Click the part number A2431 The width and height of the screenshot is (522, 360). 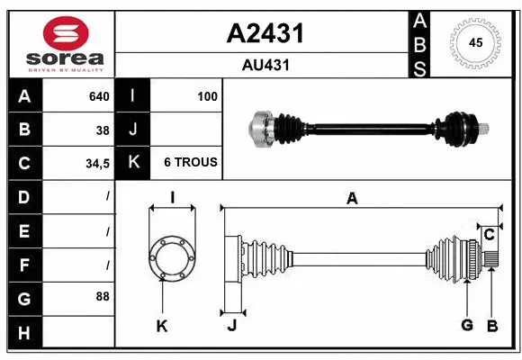[264, 33]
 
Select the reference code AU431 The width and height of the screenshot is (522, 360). [264, 65]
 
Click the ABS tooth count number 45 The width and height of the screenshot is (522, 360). [474, 41]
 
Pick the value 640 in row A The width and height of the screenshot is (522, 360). [99, 96]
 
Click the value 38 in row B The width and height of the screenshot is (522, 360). [103, 130]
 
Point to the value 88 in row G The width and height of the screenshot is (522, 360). [103, 295]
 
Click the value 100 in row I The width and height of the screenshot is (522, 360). [207, 96]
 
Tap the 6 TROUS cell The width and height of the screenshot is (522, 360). [190, 163]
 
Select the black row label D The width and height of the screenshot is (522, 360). [23, 196]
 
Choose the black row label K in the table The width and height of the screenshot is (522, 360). [133, 163]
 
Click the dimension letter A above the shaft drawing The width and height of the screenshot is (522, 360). [352, 199]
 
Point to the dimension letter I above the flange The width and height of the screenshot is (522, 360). [171, 198]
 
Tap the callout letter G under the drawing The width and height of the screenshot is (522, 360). [467, 325]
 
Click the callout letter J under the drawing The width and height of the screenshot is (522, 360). [231, 326]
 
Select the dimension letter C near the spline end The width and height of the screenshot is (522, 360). [489, 235]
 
